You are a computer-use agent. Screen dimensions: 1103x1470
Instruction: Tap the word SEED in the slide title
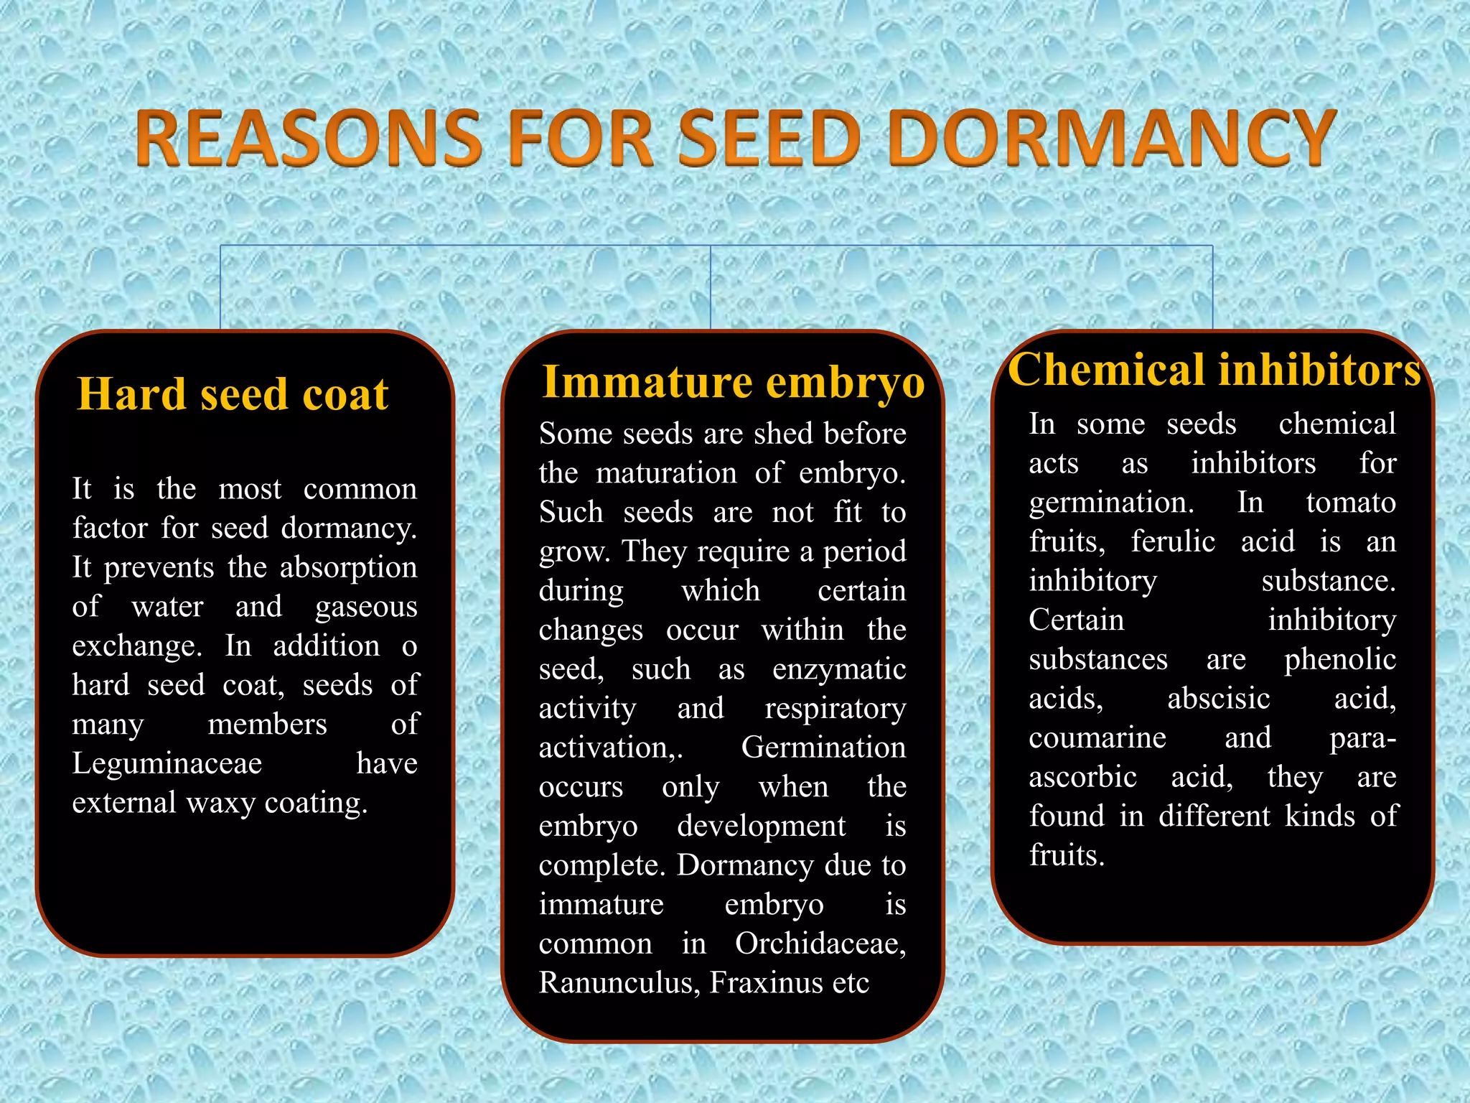770,138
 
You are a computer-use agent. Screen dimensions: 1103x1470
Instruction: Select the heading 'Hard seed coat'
233,394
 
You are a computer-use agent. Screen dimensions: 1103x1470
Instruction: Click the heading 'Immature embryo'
733,381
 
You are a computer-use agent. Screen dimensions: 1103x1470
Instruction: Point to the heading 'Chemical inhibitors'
1214,370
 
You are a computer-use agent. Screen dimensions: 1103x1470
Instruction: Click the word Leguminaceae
167,763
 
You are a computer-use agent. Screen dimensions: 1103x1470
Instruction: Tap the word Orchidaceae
820,944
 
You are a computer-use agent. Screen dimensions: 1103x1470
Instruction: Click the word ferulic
1173,541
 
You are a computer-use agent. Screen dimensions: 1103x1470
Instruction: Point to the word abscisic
1218,698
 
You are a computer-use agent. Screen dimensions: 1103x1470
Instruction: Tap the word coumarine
1097,737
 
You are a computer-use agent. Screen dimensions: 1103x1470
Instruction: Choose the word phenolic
1339,659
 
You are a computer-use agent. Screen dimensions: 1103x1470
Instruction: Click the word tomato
1350,503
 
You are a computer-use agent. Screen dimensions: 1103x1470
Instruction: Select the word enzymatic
838,669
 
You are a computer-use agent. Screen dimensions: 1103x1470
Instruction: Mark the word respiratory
835,709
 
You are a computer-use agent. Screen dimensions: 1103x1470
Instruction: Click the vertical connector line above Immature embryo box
711,287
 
